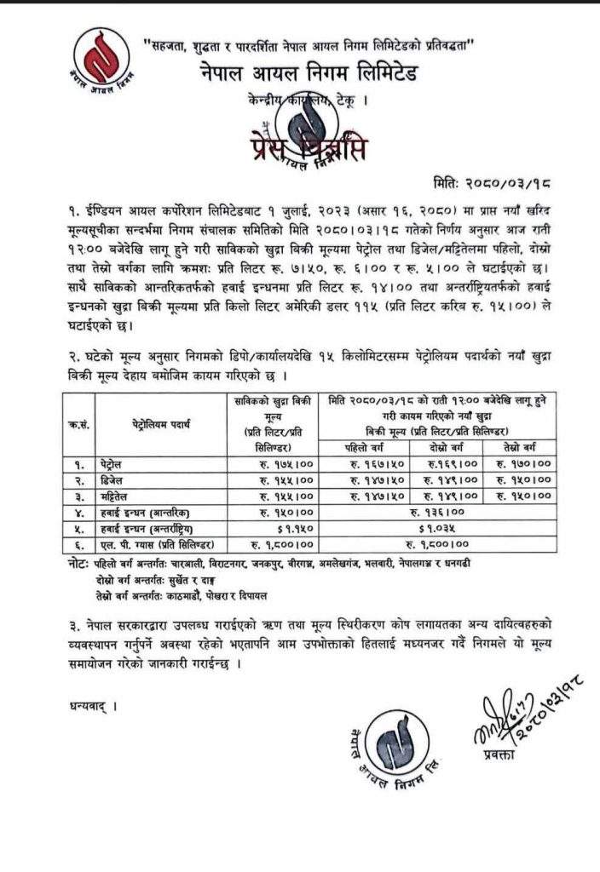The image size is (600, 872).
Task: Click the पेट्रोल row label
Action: (112, 465)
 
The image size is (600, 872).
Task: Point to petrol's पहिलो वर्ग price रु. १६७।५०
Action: (369, 465)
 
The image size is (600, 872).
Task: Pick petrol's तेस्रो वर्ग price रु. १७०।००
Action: (518, 465)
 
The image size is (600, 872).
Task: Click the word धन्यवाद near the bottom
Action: (88, 706)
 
